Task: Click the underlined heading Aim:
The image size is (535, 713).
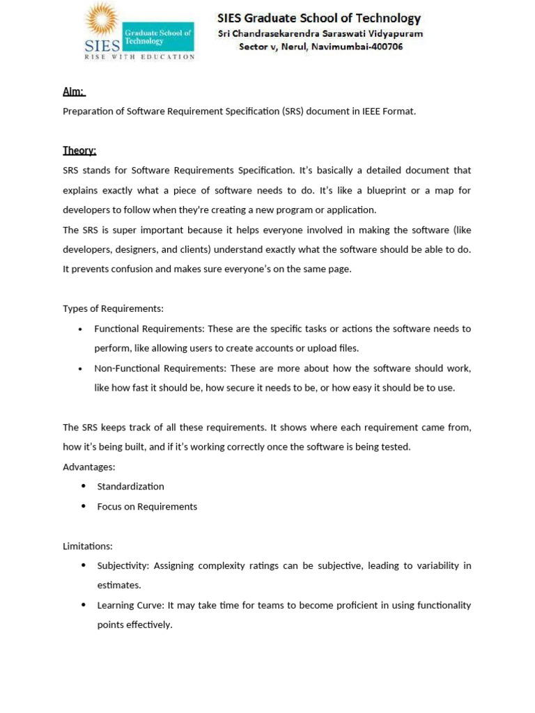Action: pos(74,91)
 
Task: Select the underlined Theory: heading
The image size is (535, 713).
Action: pos(79,150)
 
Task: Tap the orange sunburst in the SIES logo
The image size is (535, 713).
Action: pos(102,20)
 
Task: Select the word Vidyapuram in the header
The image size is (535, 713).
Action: pos(397,33)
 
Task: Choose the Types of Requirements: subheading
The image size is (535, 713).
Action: pos(113,308)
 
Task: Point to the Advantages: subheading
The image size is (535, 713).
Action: pos(89,467)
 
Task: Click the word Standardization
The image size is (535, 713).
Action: pos(130,487)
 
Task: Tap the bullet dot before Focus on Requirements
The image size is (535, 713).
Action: pos(84,506)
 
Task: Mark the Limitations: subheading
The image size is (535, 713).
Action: pos(88,546)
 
